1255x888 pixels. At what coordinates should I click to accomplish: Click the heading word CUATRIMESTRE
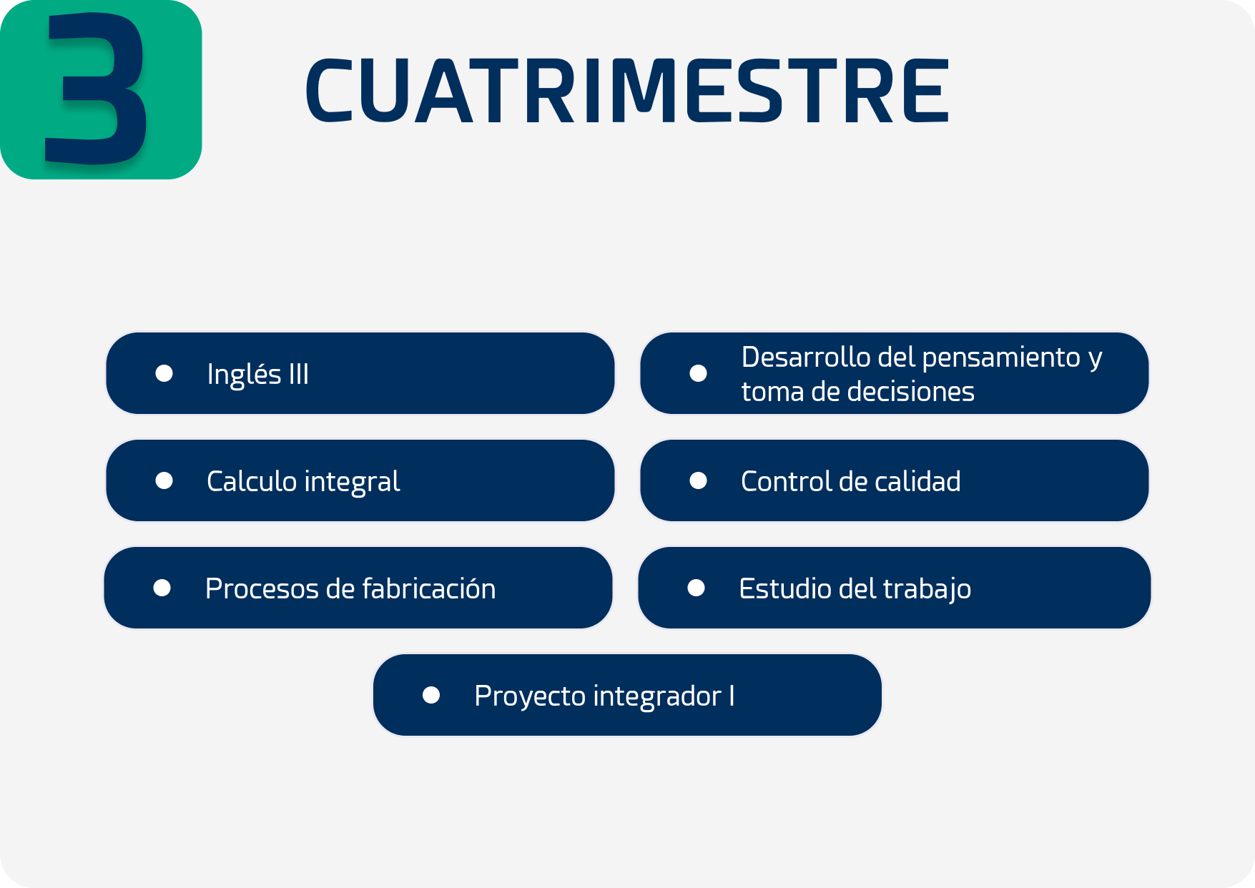[x=628, y=90]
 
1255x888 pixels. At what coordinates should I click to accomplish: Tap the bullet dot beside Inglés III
[x=164, y=373]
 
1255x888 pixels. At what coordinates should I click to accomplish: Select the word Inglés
[x=244, y=375]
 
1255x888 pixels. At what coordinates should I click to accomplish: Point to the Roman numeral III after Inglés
[x=299, y=374]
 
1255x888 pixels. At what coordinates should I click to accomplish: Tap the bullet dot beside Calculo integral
[x=164, y=480]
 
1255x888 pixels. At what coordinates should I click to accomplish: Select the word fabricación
[x=428, y=588]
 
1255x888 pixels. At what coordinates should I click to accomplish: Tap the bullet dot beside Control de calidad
[x=698, y=480]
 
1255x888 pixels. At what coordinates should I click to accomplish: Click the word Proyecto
[x=530, y=696]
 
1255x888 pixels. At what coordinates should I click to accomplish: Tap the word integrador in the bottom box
[x=657, y=696]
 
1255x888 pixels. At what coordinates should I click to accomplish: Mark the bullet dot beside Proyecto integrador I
[x=431, y=695]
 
